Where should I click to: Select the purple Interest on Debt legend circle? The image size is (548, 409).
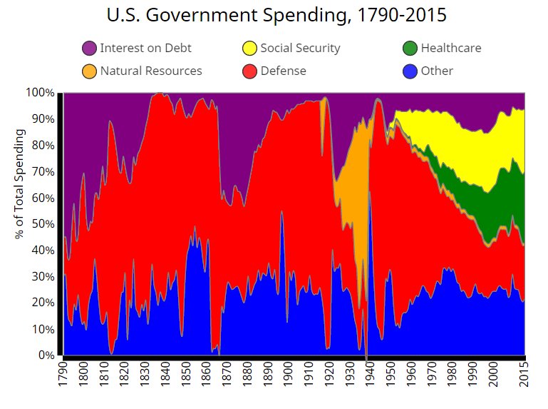tap(89, 49)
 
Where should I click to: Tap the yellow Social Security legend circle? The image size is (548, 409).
tap(249, 49)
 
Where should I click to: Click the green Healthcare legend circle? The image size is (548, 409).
tap(410, 49)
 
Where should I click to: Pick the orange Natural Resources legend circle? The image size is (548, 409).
tap(89, 71)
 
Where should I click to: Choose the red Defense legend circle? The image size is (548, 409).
tap(249, 71)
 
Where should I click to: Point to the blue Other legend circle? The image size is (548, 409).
tap(410, 71)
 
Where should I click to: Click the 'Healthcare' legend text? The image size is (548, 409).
tap(450, 49)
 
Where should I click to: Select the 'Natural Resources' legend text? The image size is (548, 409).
tap(151, 71)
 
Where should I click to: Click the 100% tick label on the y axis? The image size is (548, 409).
tap(40, 93)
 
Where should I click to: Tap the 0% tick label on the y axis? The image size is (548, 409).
tap(46, 355)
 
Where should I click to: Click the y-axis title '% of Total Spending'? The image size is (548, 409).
tap(21, 184)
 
